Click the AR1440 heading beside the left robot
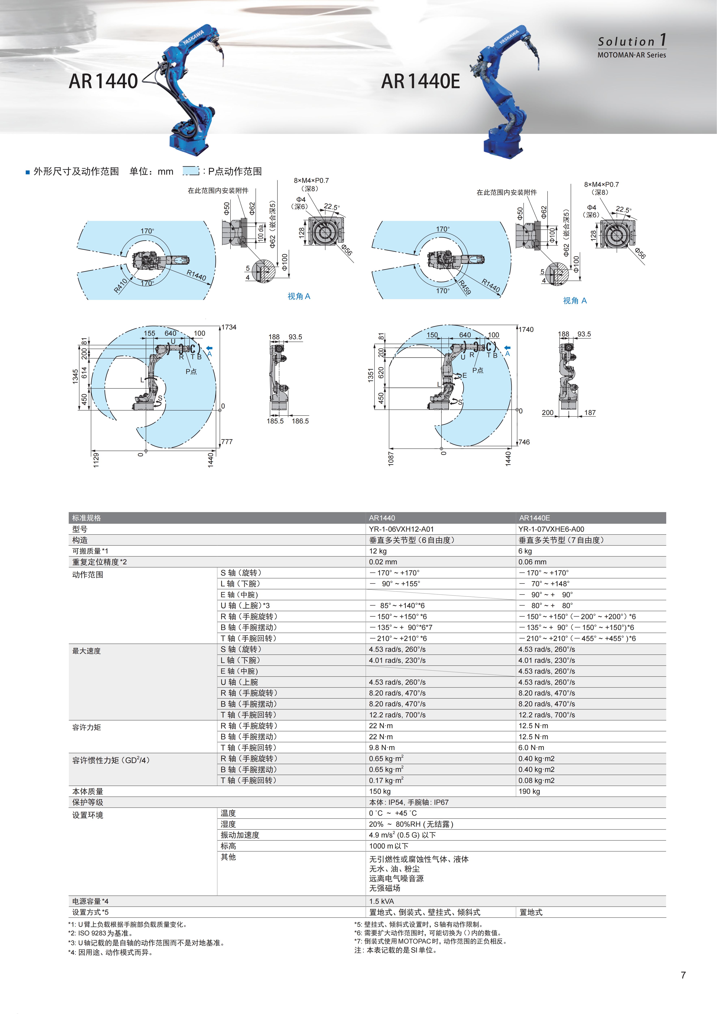[103, 81]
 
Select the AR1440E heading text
[420, 81]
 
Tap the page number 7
[683, 975]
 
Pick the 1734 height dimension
[229, 327]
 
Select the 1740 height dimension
[526, 330]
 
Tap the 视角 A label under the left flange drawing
[299, 296]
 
